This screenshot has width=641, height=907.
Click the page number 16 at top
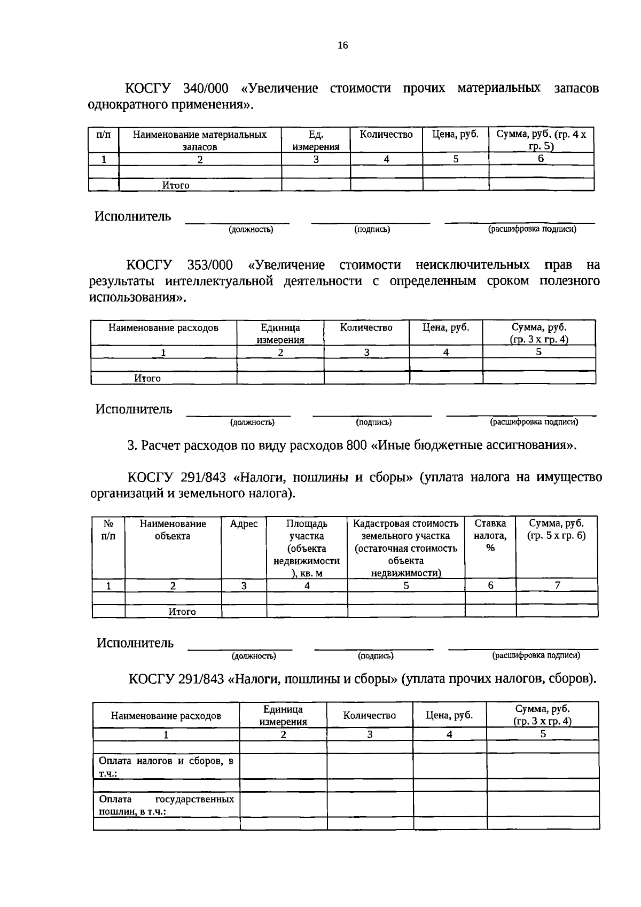click(342, 45)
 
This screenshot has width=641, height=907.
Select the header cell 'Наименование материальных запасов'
click(200, 140)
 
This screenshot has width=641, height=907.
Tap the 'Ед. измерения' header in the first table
click(316, 140)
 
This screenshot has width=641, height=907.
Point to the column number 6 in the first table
click(541, 159)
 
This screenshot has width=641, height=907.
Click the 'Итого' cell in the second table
click(147, 378)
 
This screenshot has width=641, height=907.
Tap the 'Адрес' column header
click(244, 524)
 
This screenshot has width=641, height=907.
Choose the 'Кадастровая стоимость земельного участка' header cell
click(405, 548)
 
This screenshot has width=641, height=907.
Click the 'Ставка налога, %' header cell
click(490, 535)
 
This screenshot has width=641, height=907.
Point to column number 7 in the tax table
click(557, 585)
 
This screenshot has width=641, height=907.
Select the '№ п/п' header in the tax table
click(108, 529)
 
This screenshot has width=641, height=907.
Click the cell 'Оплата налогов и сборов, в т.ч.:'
click(166, 766)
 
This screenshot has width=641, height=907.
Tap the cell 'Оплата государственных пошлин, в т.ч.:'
click(166, 805)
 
